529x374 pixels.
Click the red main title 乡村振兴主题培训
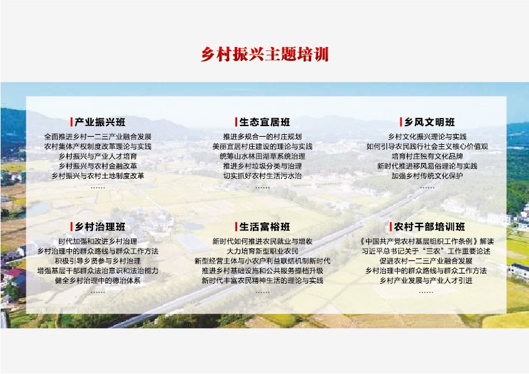265,55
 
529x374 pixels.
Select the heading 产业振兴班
100,122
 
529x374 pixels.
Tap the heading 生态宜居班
265,122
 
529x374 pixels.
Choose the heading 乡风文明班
429,122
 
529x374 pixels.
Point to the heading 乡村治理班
100,227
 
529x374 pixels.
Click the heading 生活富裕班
265,227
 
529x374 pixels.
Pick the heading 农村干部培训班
429,227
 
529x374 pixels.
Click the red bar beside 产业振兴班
72,122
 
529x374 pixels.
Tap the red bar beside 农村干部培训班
391,227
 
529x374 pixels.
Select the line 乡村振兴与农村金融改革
98,166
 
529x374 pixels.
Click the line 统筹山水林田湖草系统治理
262,156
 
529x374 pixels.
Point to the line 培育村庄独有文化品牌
427,156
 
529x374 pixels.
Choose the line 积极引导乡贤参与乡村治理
98,260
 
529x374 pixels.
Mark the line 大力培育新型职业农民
262,251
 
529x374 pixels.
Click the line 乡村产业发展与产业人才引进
426,280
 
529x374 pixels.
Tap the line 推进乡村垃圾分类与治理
262,166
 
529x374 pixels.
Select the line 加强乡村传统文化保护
427,176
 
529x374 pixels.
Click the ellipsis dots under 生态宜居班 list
262,188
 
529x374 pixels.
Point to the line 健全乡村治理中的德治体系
98,280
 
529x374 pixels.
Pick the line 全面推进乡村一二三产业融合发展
98,137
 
